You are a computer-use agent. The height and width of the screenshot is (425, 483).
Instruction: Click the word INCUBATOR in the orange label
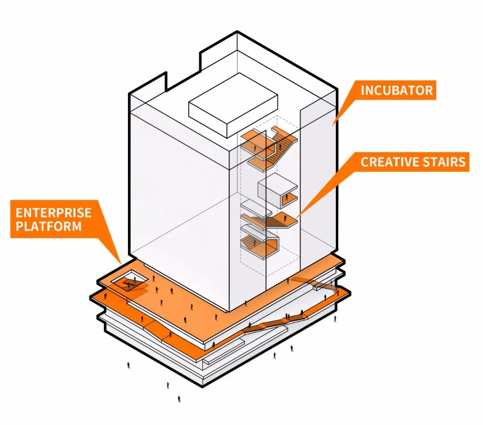pos(397,90)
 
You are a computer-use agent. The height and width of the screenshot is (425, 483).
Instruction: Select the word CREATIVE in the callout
pos(386,162)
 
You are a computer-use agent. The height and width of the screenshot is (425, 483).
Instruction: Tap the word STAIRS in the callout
pos(441,162)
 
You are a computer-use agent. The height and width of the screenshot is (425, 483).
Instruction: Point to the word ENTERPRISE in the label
pos(54,212)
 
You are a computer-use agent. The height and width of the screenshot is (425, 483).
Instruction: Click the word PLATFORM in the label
pos(49,226)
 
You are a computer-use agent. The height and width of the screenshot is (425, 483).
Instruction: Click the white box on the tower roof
pos(233,105)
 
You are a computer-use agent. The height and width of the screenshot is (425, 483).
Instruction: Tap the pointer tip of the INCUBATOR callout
pos(332,126)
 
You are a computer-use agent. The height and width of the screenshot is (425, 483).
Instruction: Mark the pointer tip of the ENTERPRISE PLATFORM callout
pos(121,264)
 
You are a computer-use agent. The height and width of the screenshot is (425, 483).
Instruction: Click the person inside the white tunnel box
pos(287,197)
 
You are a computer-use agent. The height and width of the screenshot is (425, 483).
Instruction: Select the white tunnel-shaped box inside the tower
pos(278,191)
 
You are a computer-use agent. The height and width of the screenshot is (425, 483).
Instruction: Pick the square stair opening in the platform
pos(129,281)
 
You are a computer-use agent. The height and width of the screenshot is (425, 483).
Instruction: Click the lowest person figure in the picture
pos(179,399)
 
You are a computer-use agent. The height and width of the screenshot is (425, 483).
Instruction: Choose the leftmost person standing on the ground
pos(128,365)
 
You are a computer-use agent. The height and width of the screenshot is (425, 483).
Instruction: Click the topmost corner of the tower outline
pos(237,31)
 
